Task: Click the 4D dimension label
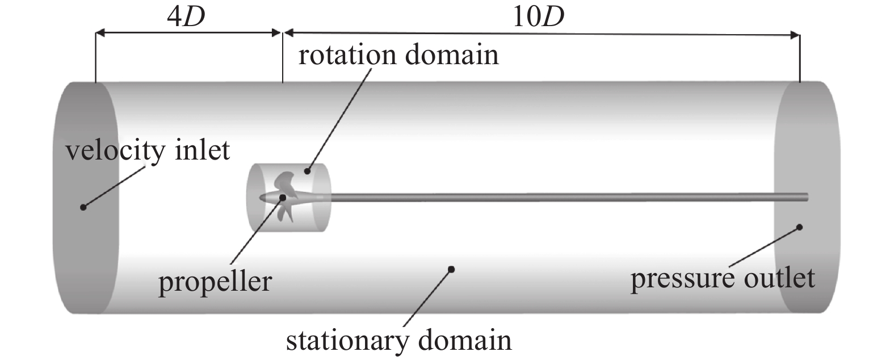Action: [x=186, y=18]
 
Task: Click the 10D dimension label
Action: [x=538, y=18]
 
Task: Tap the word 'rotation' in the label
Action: [x=347, y=56]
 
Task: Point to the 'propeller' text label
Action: [x=215, y=282]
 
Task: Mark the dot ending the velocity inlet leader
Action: [x=83, y=207]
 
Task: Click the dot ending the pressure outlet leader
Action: [x=799, y=227]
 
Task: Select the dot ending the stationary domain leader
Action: [x=452, y=269]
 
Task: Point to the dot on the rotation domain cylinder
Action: [x=307, y=170]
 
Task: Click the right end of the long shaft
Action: [x=806, y=196]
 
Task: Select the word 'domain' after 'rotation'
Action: [x=451, y=56]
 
